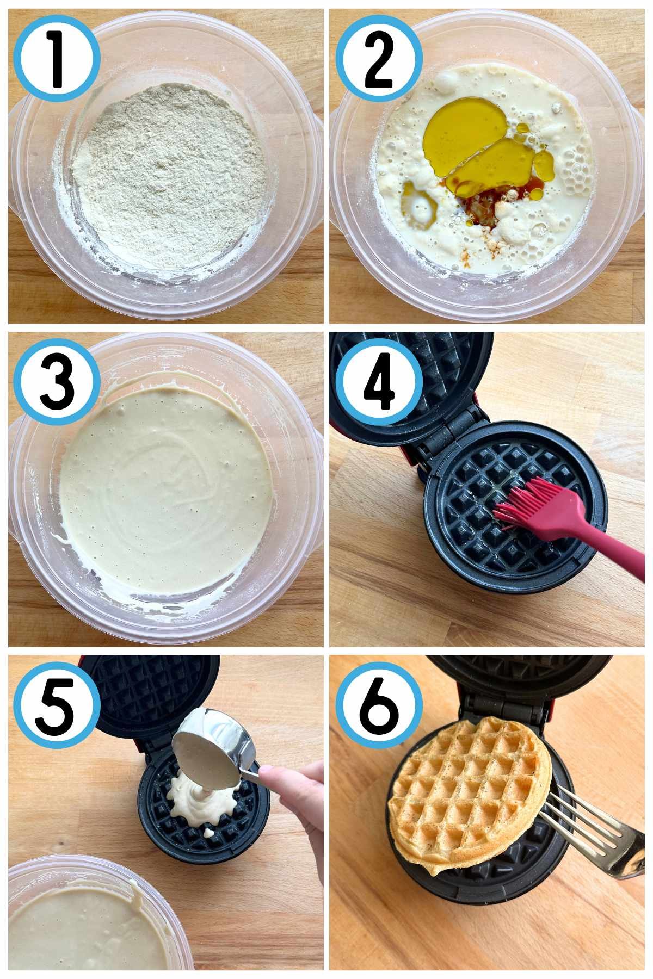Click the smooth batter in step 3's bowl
click(163, 489)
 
